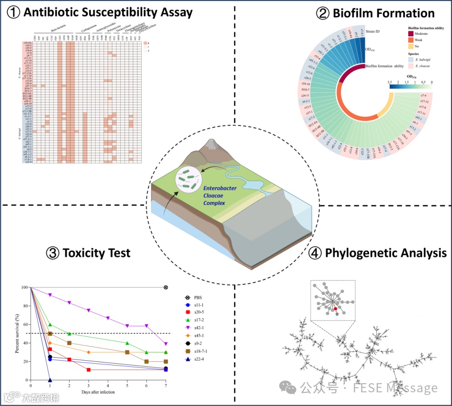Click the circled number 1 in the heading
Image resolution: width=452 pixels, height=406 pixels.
[x=14, y=12]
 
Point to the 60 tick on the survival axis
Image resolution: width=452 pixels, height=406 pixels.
[x=25, y=324]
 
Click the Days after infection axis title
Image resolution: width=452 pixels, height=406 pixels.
[x=98, y=392]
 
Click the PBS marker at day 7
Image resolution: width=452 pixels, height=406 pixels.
[x=166, y=287]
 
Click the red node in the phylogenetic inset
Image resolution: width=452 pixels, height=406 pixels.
[x=335, y=309]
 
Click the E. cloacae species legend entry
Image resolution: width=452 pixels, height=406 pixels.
[x=411, y=66]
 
